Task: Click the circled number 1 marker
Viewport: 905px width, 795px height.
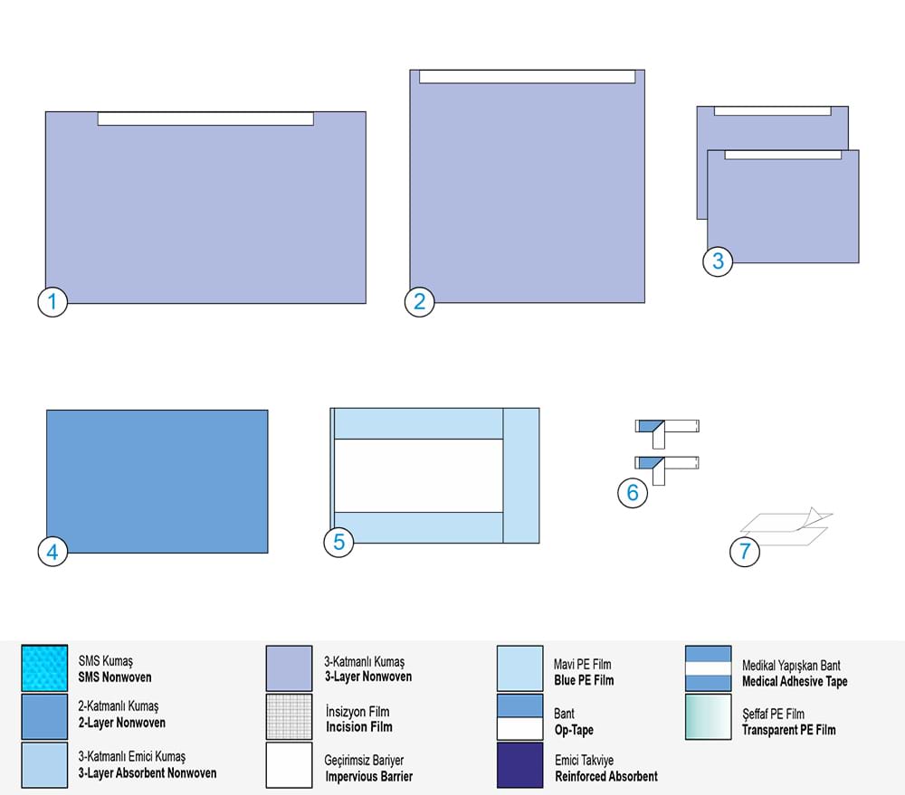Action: tap(52, 301)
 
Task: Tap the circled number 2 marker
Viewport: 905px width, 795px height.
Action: tap(420, 301)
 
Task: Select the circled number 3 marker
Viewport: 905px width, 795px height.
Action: tap(718, 260)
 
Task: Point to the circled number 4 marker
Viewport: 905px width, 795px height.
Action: tap(52, 552)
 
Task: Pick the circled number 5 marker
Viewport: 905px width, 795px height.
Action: tap(338, 542)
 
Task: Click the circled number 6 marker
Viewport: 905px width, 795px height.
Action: tap(633, 492)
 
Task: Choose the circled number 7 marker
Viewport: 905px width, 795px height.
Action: tap(745, 551)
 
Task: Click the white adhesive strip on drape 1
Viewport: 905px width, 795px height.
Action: tap(205, 118)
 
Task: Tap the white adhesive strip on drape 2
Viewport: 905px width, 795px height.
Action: tap(527, 77)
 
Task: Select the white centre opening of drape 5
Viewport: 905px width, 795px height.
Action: tap(418, 476)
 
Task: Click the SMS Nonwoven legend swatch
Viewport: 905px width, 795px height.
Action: tap(44, 668)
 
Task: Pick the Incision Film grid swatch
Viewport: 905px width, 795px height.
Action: tap(290, 716)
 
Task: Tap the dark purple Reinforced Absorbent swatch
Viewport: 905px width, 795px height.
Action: tap(520, 765)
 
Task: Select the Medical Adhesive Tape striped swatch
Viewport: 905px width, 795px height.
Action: tap(709, 668)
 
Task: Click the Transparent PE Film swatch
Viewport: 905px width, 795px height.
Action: tap(709, 716)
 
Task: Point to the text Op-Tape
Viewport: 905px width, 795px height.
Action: tap(574, 730)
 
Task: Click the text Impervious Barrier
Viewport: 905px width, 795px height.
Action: tap(369, 777)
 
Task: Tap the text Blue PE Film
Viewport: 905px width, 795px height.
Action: tap(584, 680)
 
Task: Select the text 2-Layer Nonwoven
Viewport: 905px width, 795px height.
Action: tap(122, 723)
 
